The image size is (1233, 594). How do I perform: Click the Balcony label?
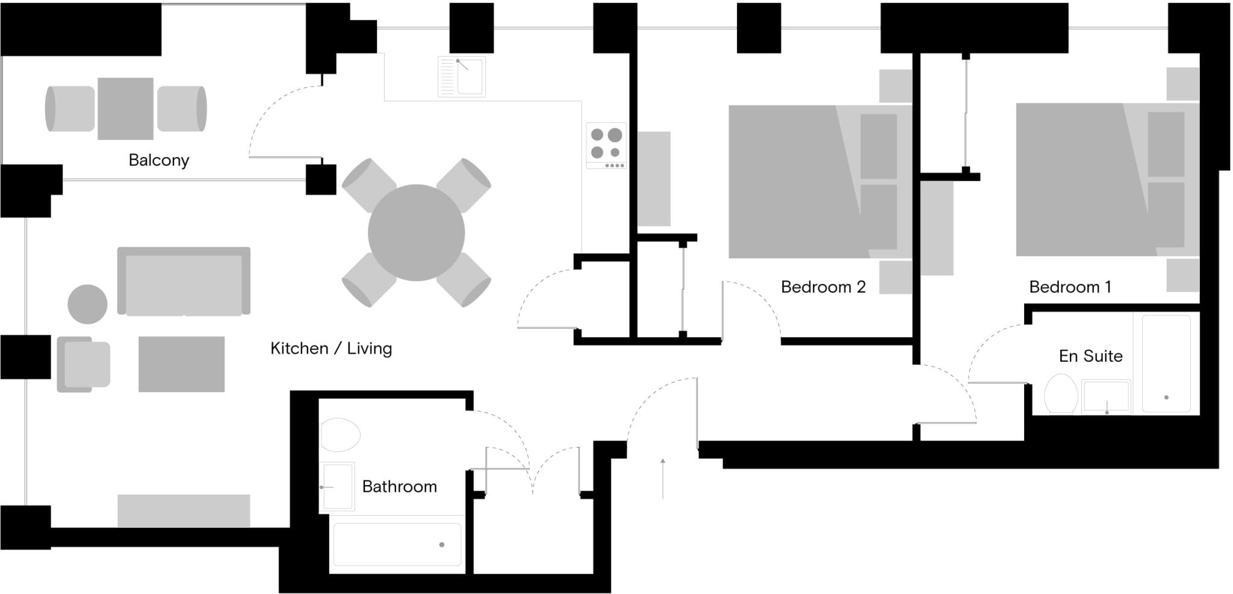tap(159, 160)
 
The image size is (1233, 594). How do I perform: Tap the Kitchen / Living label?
tap(331, 348)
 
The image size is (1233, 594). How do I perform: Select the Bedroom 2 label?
tap(823, 286)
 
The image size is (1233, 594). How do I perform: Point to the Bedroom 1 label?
tap(1070, 286)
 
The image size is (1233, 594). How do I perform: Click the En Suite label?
tap(1090, 356)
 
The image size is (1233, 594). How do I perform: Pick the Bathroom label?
tap(399, 486)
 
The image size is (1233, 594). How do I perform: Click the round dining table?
tap(416, 232)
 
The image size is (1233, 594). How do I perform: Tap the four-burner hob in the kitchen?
tap(606, 146)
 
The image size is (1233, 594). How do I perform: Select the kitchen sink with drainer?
tap(462, 76)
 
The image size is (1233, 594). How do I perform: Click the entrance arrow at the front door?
tap(663, 478)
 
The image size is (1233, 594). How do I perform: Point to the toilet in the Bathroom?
tap(340, 435)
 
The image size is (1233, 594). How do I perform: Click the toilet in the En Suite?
tap(1061, 394)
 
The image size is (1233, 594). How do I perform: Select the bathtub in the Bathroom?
tap(397, 545)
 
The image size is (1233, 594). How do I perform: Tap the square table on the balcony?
tap(125, 108)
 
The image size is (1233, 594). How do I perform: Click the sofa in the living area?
tap(184, 281)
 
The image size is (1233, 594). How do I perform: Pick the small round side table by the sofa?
tap(87, 304)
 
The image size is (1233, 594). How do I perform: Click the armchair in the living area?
tap(84, 364)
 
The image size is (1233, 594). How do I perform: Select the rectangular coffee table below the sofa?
tap(181, 364)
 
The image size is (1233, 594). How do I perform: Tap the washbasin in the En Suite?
tap(1106, 397)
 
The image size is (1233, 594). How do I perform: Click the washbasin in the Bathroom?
tap(337, 486)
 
